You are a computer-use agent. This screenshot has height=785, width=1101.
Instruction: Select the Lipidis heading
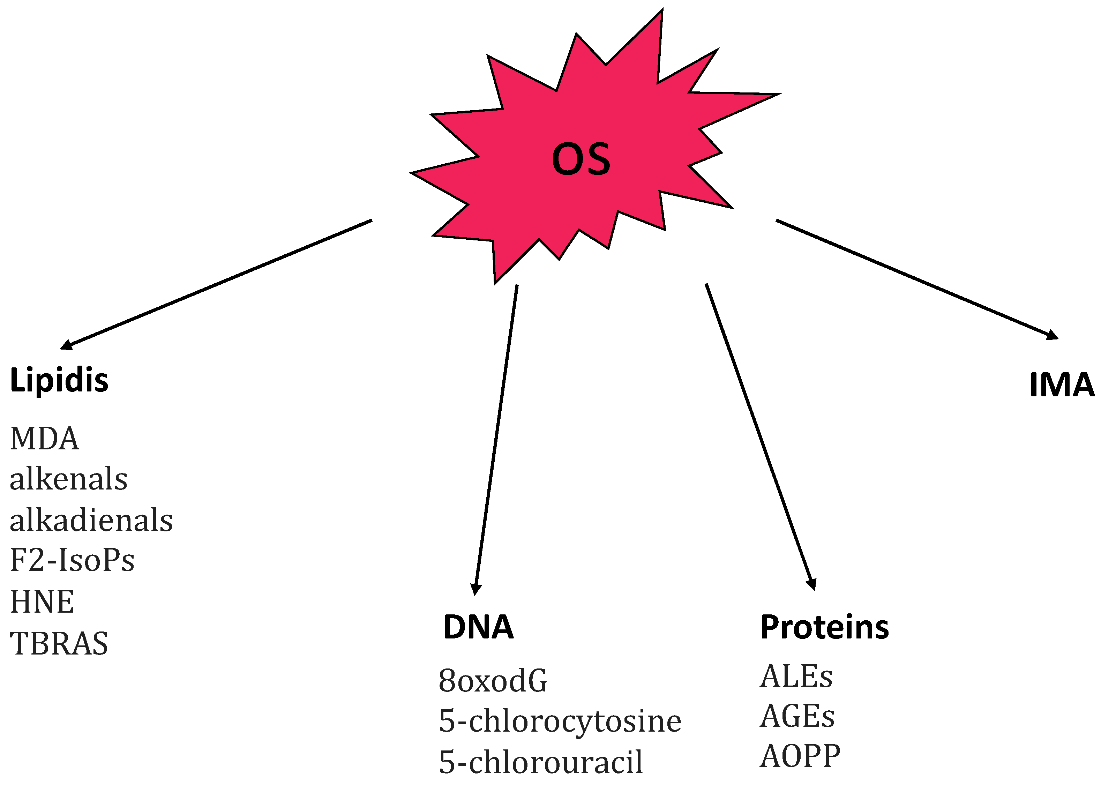pos(59,380)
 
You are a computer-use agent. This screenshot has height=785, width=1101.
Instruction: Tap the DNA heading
pos(478,627)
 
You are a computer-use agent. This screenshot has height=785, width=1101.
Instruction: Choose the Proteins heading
pos(824,627)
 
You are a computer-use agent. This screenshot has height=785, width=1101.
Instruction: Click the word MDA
pos(44,439)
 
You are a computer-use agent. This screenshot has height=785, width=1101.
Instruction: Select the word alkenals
pos(69,479)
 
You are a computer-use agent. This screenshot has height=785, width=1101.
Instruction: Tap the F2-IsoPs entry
pos(72,561)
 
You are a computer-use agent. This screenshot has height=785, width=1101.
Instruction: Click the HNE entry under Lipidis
pos(43,602)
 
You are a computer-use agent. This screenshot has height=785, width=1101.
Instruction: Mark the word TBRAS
pos(59,644)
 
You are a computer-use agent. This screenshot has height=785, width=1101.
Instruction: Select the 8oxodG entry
pos(493,681)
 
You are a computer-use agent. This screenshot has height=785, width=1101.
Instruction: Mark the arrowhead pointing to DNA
pos(476,589)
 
